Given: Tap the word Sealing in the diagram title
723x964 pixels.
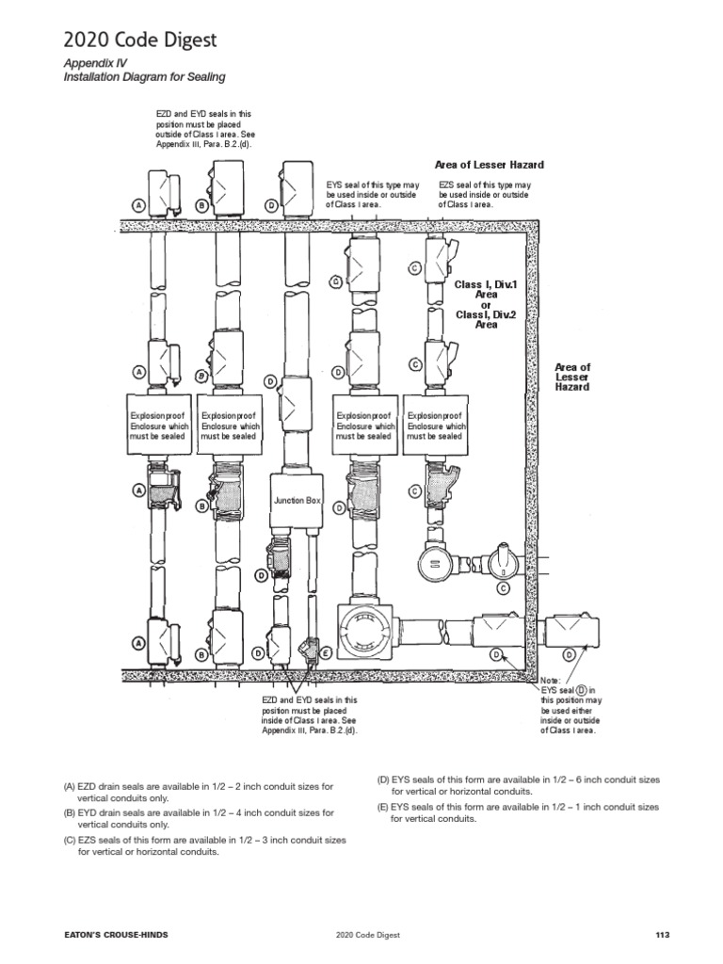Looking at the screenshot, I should (205, 76).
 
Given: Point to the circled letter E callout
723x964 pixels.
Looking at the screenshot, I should (326, 651).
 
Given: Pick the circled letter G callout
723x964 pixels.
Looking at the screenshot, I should (336, 281).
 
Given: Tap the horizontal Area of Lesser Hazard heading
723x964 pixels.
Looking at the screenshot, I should (489, 165).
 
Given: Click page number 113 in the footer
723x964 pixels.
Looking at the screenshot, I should (661, 934).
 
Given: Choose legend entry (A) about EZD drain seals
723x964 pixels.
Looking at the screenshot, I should (199, 791).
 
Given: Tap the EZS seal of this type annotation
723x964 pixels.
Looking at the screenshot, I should (484, 194).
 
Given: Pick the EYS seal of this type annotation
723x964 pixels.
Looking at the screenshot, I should (372, 194).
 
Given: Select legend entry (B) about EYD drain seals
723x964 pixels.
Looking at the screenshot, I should (199, 817).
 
